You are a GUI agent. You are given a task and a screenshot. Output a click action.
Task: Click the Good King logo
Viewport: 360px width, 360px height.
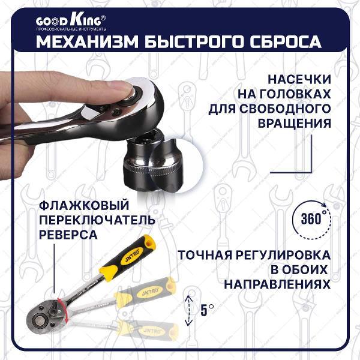click(73, 21)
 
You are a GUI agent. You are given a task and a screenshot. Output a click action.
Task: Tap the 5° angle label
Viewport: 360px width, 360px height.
click(207, 310)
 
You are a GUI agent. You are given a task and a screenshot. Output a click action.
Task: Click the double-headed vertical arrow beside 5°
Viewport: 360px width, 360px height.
click(189, 310)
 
